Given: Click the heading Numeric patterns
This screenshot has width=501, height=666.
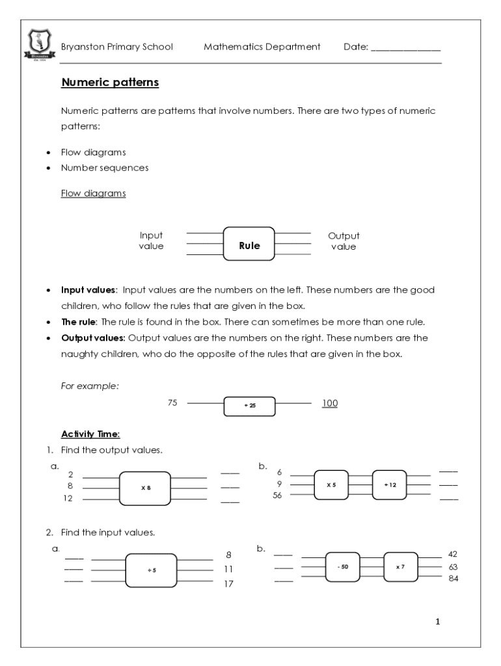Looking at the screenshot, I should [110, 83].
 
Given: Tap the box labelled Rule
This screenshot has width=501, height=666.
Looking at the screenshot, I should [249, 245].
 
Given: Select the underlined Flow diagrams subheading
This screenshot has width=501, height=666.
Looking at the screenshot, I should [93, 193].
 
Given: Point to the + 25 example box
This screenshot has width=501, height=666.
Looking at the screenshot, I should [249, 405].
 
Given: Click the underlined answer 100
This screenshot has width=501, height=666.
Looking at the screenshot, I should [330, 403].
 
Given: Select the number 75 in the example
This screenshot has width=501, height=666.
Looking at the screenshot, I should [172, 403].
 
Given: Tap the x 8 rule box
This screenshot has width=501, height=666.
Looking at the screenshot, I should [145, 487].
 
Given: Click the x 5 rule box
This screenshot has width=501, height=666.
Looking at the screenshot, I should [331, 485].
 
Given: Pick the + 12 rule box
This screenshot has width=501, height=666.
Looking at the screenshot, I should [389, 485].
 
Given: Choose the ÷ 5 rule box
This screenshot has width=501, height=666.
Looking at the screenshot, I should [151, 570].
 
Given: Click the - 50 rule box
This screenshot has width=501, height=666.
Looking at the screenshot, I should [343, 567].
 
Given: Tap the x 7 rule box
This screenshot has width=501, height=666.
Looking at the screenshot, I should [400, 567].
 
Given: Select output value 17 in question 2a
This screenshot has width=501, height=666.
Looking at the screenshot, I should [228, 583].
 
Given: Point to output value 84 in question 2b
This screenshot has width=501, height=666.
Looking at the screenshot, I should [454, 578].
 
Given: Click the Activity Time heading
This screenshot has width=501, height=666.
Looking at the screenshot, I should [90, 434].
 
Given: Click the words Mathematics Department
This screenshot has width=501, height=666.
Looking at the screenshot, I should [262, 47].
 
